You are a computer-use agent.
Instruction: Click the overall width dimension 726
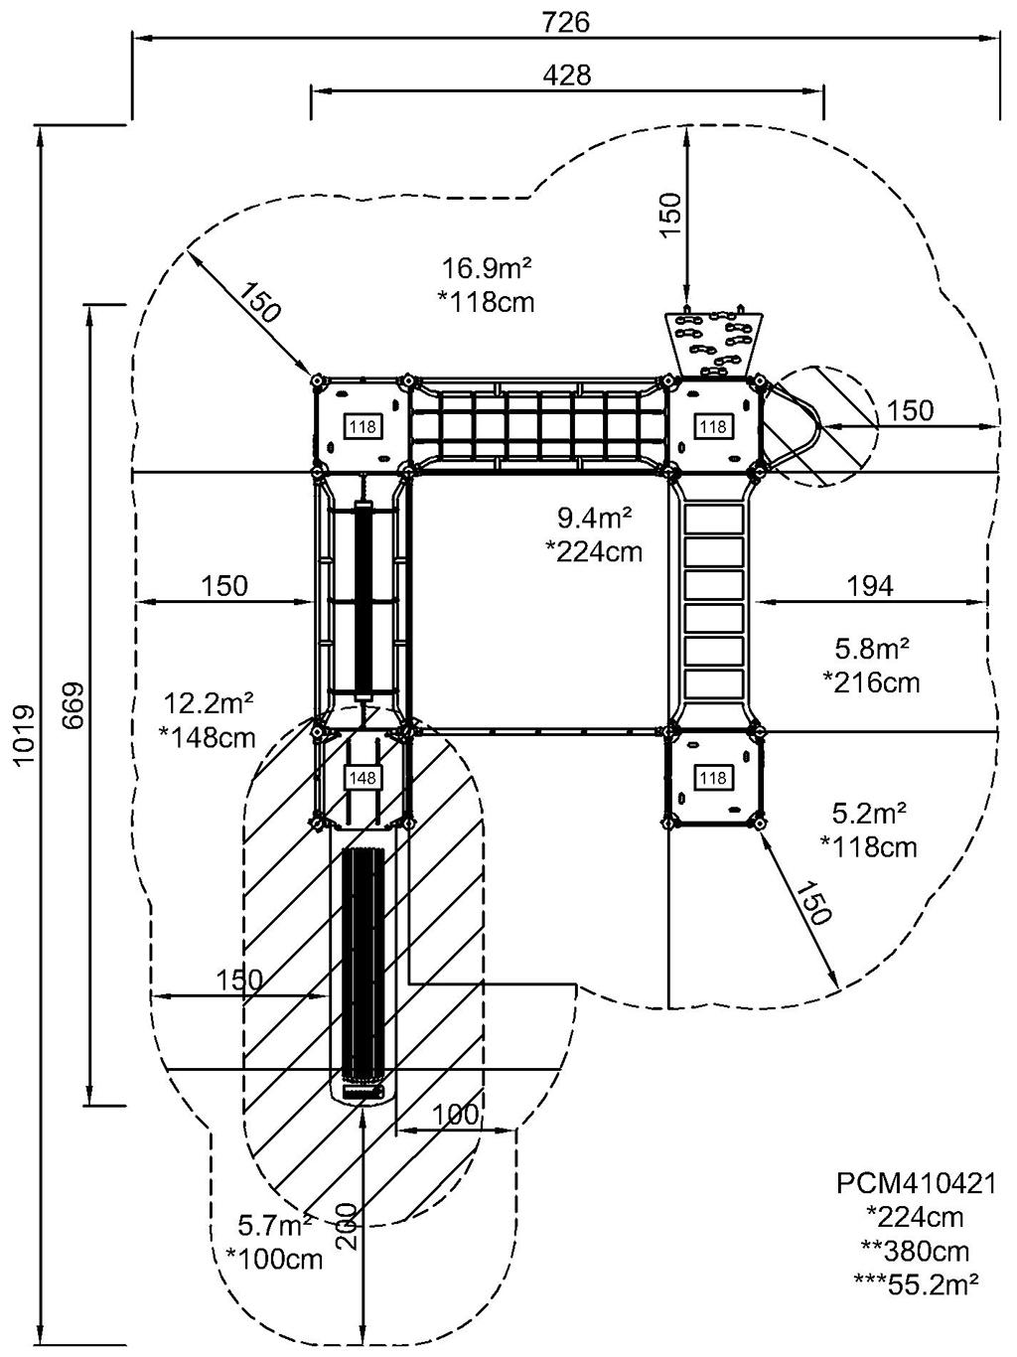pyautogui.click(x=567, y=22)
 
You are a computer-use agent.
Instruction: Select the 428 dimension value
pyautogui.click(x=567, y=75)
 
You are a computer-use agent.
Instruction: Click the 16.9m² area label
pyautogui.click(x=487, y=268)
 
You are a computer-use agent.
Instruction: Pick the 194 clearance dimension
pyautogui.click(x=869, y=585)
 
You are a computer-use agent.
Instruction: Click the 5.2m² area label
pyautogui.click(x=870, y=815)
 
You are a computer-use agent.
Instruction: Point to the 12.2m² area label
pyautogui.click(x=209, y=703)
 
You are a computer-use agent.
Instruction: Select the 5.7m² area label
pyautogui.click(x=276, y=1223)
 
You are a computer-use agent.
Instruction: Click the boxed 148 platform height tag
pyautogui.click(x=363, y=777)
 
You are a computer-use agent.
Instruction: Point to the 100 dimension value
pyautogui.click(x=456, y=1115)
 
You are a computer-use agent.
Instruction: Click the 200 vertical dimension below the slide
pyautogui.click(x=347, y=1230)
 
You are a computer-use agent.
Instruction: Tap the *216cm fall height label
pyautogui.click(x=871, y=682)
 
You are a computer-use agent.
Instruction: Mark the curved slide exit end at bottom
pyautogui.click(x=363, y=1092)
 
